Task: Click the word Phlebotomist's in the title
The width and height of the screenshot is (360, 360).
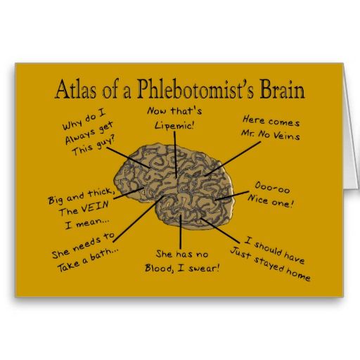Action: (195, 89)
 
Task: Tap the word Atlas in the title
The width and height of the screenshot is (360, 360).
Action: (76, 89)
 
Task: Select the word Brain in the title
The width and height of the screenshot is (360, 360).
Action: (283, 89)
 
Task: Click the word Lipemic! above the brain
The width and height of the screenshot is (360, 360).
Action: (174, 125)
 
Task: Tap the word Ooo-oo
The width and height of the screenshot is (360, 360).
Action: (272, 188)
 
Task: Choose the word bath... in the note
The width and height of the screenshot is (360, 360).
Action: (104, 254)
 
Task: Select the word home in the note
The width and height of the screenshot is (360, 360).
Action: (298, 274)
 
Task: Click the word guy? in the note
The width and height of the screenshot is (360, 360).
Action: (106, 143)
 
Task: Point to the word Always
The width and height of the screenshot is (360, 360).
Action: (80, 136)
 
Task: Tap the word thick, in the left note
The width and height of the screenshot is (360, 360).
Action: (101, 193)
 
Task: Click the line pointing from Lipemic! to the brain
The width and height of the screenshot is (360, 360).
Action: (175, 155)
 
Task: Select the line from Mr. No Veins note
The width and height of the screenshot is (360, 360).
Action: (233, 158)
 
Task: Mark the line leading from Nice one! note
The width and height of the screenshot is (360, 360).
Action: (232, 195)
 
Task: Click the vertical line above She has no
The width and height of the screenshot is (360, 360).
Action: (181, 232)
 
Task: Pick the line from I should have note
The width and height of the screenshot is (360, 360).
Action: (220, 231)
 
